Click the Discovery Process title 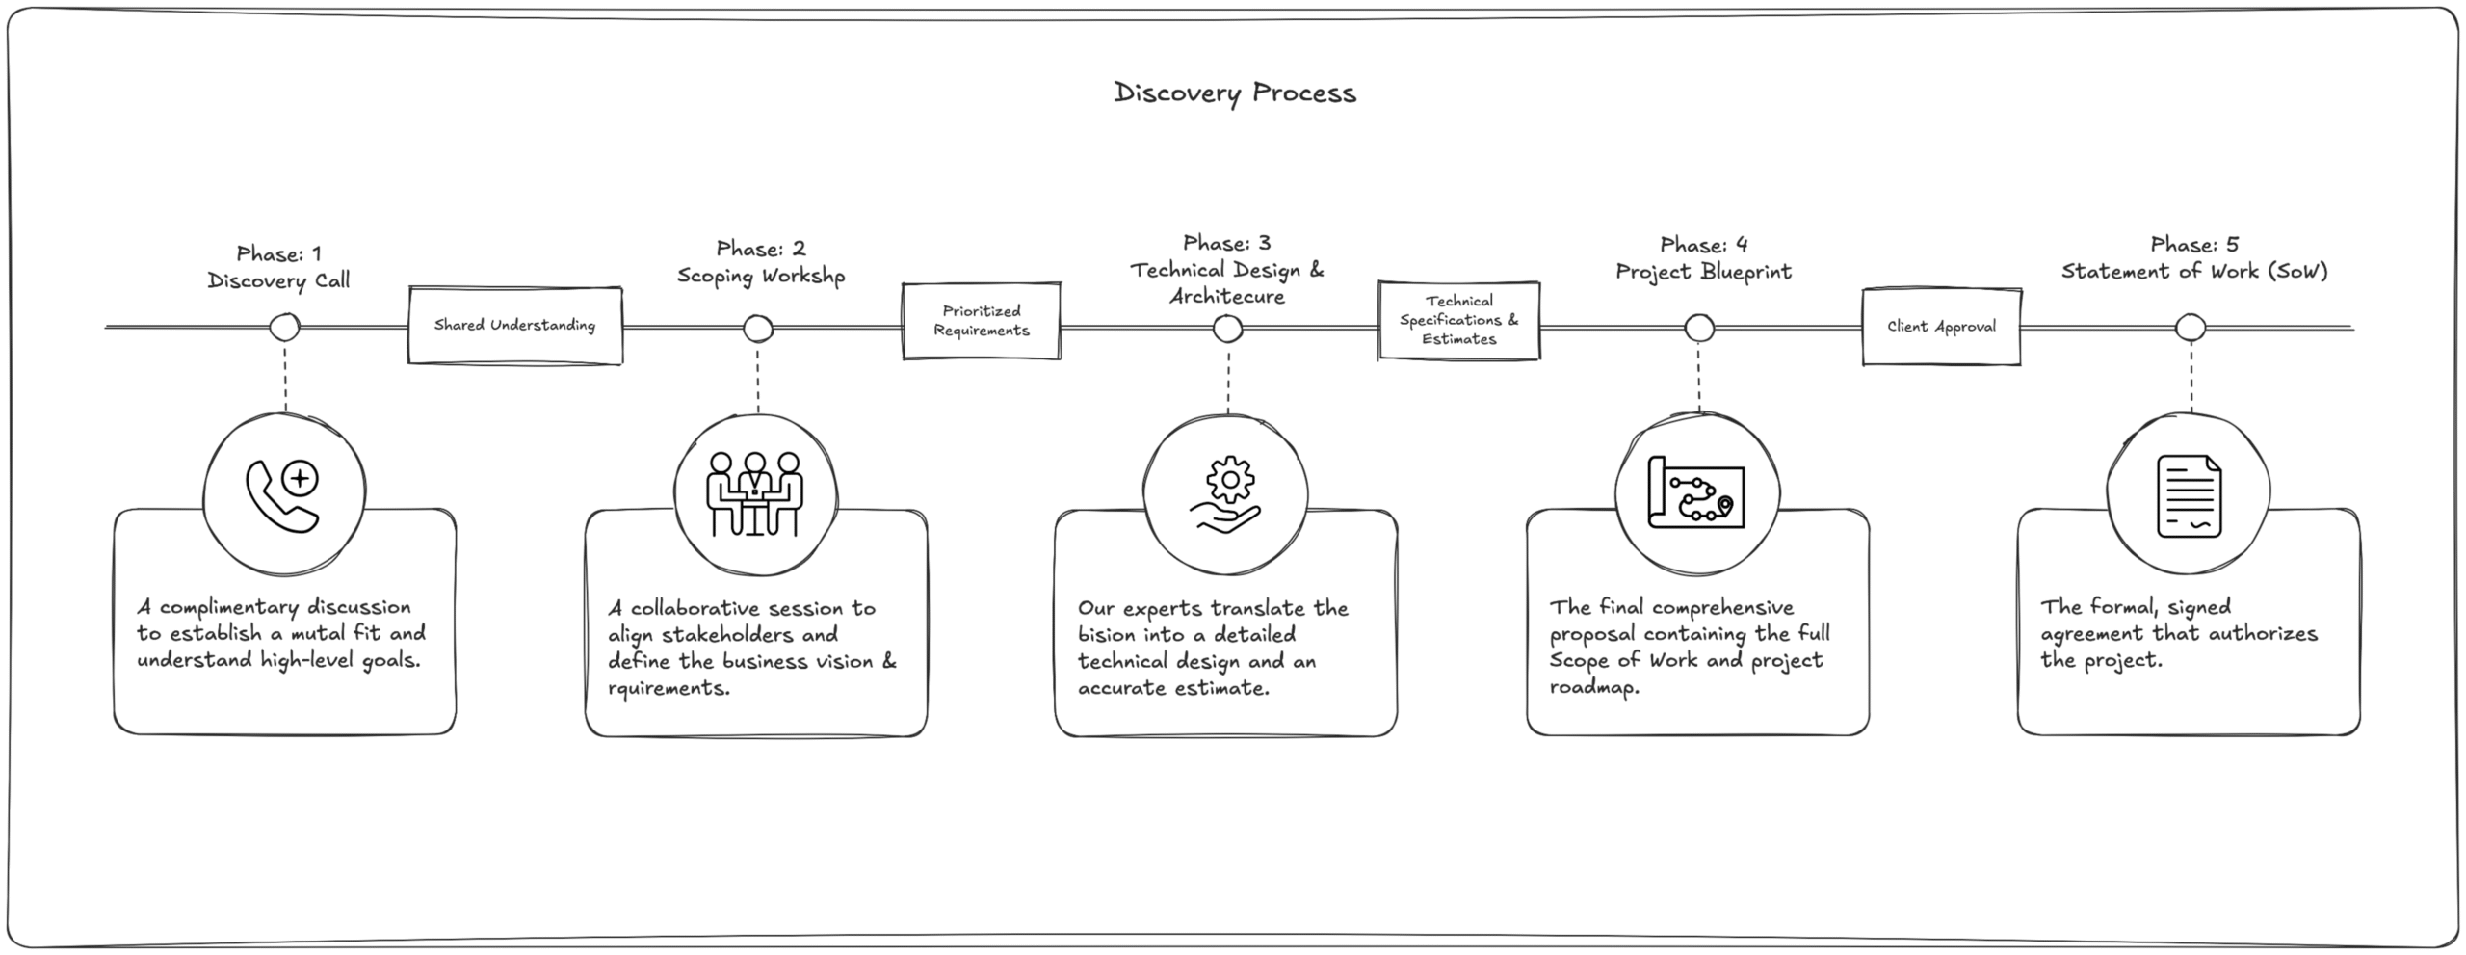1234,93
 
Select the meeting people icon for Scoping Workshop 755,494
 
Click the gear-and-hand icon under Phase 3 1225,496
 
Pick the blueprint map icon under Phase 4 1696,492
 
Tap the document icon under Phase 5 2189,496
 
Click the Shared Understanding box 514,326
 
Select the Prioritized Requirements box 981,321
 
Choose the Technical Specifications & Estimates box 1458,321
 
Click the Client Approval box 1941,327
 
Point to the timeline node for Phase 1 284,328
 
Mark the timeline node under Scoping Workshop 758,329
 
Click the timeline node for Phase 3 1227,330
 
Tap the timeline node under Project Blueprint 1699,329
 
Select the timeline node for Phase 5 2191,328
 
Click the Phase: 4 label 1703,246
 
